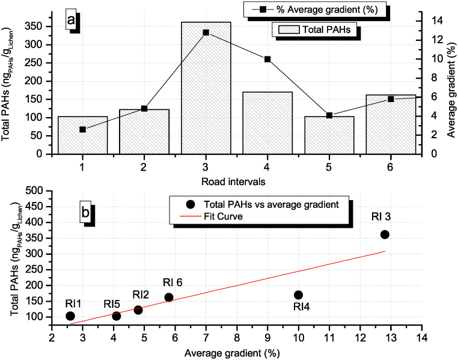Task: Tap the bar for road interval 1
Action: [82, 135]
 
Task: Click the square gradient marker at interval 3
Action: [206, 32]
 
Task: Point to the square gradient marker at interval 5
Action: [329, 115]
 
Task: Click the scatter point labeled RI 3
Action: [385, 234]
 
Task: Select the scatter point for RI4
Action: [298, 294]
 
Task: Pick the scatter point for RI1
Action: [70, 316]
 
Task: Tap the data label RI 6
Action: [173, 282]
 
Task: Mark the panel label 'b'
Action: [87, 213]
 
